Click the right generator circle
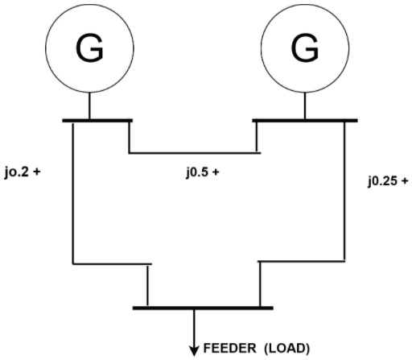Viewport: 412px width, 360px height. tap(304, 50)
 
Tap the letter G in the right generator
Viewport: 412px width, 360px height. tap(304, 50)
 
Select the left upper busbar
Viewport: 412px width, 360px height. tap(97, 122)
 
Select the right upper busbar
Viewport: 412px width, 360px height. tap(305, 122)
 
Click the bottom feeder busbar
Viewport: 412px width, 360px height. tap(203, 307)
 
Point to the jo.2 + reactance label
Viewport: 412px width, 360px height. tap(23, 172)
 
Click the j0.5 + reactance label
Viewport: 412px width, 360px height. tap(202, 172)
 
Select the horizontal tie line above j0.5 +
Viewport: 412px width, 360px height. tap(193, 152)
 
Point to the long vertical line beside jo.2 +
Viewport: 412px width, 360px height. tap(73, 193)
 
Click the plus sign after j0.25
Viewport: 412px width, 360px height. tap(404, 181)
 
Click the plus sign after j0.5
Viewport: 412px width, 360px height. tap(216, 172)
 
